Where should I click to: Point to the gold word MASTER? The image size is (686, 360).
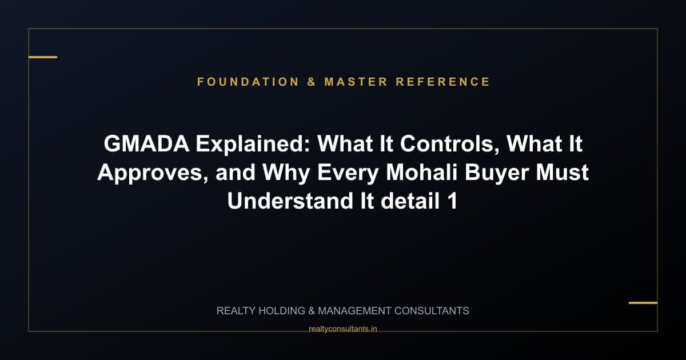click(356, 82)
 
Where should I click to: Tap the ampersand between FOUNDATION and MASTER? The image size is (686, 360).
click(312, 82)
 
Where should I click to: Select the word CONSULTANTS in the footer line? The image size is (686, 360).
click(432, 311)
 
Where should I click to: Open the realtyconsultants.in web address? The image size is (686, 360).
click(342, 329)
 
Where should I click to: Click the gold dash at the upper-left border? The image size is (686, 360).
click(43, 57)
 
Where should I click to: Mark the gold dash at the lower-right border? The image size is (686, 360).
click(643, 302)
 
